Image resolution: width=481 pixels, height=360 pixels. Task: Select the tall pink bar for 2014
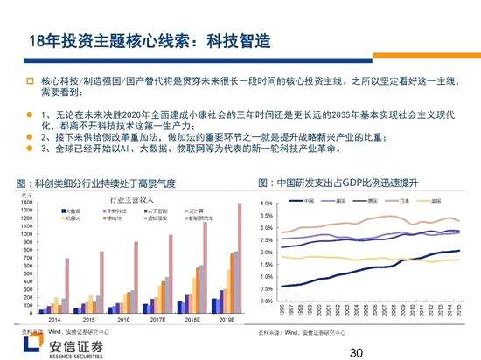66,285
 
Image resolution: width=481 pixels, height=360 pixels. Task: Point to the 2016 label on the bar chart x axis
122,321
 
